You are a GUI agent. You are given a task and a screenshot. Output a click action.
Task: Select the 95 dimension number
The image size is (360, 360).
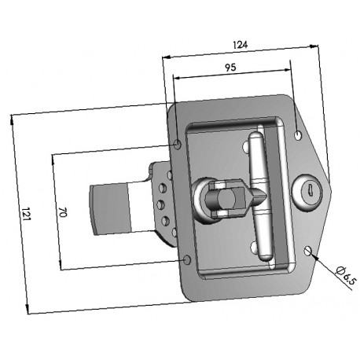click(x=231, y=68)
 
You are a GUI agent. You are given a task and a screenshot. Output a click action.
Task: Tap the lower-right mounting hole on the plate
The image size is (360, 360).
click(x=307, y=251)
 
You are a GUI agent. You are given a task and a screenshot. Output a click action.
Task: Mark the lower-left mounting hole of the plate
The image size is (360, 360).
click(x=186, y=259)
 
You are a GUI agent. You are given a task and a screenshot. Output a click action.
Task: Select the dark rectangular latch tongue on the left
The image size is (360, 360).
click(x=110, y=208)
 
